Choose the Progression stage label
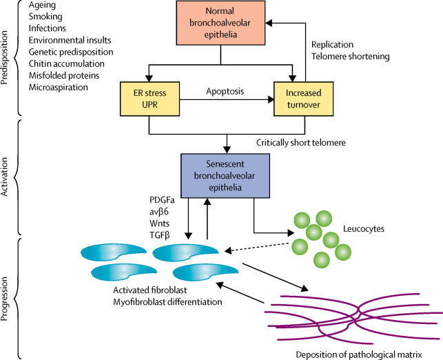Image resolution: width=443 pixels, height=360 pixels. coord(8,297)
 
